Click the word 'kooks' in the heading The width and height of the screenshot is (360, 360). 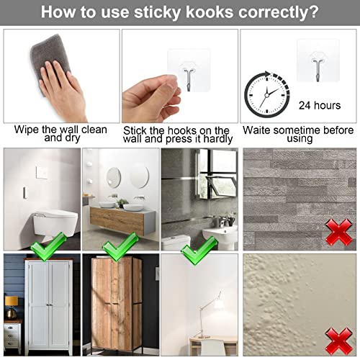pyautogui.click(x=210, y=12)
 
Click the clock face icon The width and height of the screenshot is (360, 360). pyautogui.click(x=266, y=95)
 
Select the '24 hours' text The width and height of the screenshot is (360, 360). pyautogui.click(x=320, y=105)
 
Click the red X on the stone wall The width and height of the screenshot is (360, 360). pyautogui.click(x=338, y=232)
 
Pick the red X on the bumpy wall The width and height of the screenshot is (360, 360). pyautogui.click(x=338, y=341)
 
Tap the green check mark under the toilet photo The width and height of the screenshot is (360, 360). pyautogui.click(x=49, y=247)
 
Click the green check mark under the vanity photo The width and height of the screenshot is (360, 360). pyautogui.click(x=120, y=247)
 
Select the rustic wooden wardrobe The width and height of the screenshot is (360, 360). pyautogui.click(x=117, y=304)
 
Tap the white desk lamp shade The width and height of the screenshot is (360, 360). pyautogui.click(x=220, y=304)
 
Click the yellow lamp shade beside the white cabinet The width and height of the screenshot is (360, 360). pyautogui.click(x=12, y=301)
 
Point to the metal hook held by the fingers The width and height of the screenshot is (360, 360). pyautogui.click(x=188, y=80)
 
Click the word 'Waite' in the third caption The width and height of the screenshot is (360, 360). pyautogui.click(x=256, y=130)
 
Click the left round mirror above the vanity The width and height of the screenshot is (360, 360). pyautogui.click(x=114, y=177)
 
